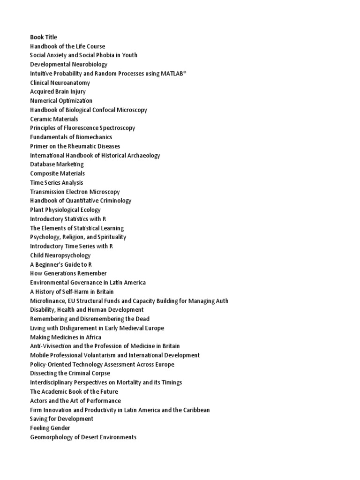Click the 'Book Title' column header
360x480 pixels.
(x=44, y=37)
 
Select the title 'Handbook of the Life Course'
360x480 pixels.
(x=67, y=46)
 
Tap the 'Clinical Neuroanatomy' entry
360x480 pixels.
(x=60, y=82)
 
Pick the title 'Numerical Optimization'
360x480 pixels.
(x=61, y=101)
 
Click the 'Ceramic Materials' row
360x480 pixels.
(x=54, y=119)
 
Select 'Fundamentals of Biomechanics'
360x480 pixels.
(x=71, y=137)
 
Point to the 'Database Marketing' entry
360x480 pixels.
(x=57, y=165)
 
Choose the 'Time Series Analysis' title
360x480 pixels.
(x=56, y=182)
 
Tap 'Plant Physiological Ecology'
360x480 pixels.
(x=65, y=210)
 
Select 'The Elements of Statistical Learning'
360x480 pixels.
(x=77, y=228)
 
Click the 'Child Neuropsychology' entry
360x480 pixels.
(x=60, y=255)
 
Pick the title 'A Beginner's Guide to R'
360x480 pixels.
(x=60, y=264)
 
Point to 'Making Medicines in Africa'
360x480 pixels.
(x=66, y=337)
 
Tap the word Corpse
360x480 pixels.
(x=100, y=374)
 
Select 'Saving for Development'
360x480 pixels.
(x=61, y=419)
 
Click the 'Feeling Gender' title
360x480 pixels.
(x=50, y=428)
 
